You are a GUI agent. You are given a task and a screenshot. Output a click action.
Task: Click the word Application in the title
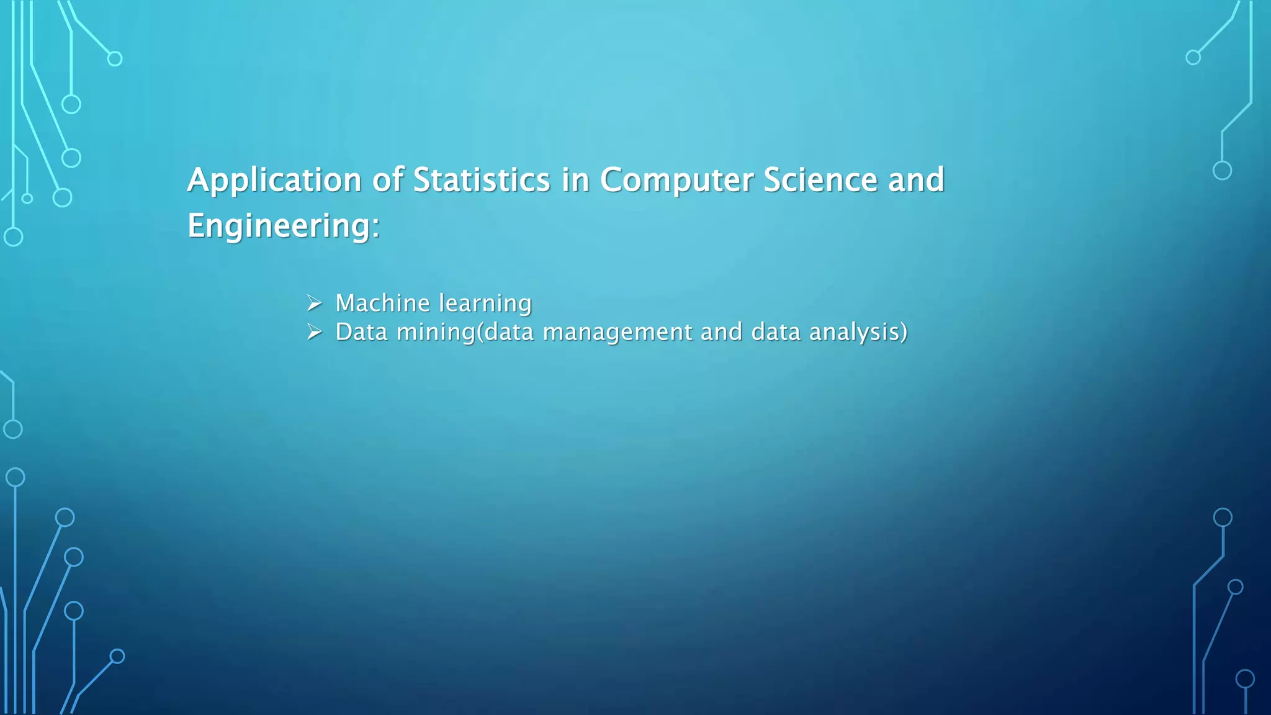coord(274,181)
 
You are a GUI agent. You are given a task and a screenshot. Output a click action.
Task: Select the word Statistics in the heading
coord(482,180)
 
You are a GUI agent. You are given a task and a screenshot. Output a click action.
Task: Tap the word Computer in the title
coord(676,181)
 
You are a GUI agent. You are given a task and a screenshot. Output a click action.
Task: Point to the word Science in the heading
coord(820,180)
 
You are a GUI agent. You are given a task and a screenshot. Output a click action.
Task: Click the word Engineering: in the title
coord(283,226)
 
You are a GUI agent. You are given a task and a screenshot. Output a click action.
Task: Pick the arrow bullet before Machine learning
coord(315,304)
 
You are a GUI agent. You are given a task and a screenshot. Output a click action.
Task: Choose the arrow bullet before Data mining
coord(315,333)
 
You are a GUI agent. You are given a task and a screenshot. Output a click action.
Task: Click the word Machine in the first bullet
coord(382,303)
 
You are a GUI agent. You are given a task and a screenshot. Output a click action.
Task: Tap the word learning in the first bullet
coord(485,304)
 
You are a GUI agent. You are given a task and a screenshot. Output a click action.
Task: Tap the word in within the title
coord(575,180)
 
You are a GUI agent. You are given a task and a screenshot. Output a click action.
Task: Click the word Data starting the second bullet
coord(361,332)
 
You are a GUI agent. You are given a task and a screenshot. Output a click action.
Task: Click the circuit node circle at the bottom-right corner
coord(1245,678)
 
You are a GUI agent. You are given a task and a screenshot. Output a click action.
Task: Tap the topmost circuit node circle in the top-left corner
coord(115,59)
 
